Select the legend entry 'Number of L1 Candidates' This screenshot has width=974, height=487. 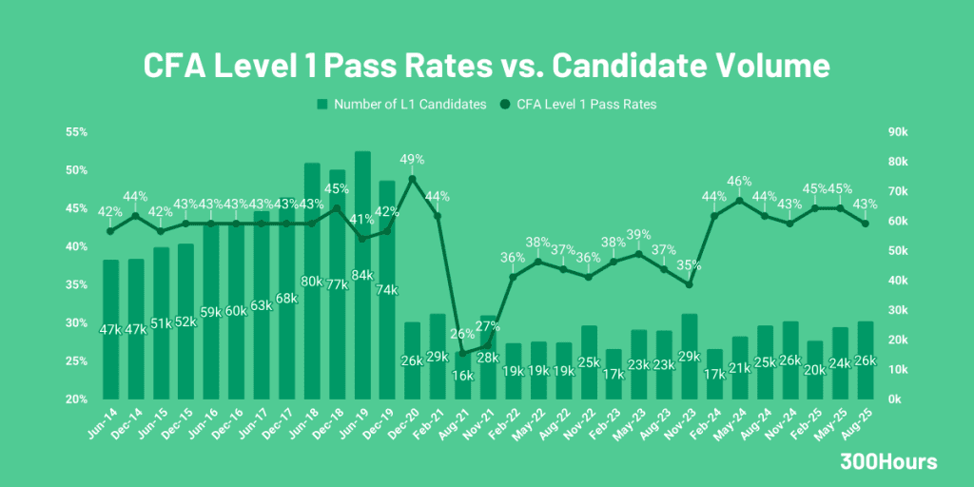pyautogui.click(x=400, y=104)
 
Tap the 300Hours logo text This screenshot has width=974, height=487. pyautogui.click(x=888, y=462)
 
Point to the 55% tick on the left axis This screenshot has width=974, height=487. pyautogui.click(x=76, y=132)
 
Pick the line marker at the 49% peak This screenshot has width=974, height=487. pyautogui.click(x=412, y=178)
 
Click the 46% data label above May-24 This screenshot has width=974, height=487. pyautogui.click(x=739, y=181)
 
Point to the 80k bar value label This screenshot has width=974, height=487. pyautogui.click(x=312, y=282)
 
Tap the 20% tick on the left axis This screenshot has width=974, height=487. pyautogui.click(x=76, y=399)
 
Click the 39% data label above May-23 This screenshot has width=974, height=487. pyautogui.click(x=638, y=235)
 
